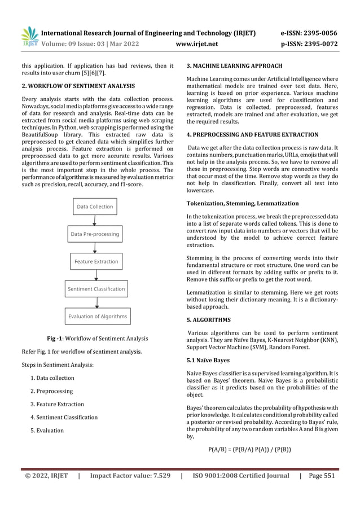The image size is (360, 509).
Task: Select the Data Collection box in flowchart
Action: (95, 207)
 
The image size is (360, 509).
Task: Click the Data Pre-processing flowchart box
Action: (95, 234)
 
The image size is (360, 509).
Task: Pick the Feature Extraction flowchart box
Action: (96, 261)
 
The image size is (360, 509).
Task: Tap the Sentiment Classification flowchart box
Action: (96, 289)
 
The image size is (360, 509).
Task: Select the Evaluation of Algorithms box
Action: (98, 317)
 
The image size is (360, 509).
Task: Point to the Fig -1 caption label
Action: (58, 339)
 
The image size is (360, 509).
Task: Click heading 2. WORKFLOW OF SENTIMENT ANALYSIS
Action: (74, 86)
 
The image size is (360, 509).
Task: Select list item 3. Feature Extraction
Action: (57, 404)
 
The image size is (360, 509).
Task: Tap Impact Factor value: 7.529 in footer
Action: (130, 476)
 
